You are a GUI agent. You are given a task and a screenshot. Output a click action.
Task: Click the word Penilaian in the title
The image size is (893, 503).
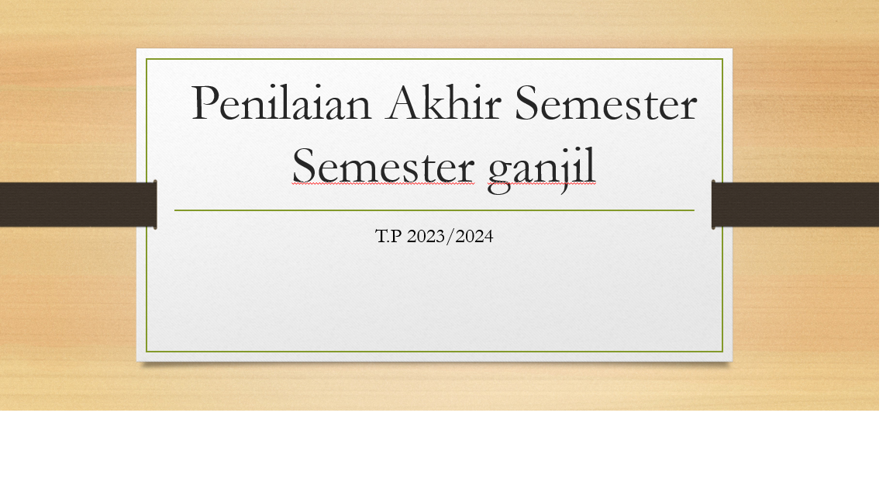tap(281, 102)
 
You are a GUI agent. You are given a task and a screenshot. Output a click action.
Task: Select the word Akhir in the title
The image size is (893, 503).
tap(443, 102)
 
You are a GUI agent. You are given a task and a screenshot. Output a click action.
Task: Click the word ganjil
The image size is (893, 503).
tap(542, 169)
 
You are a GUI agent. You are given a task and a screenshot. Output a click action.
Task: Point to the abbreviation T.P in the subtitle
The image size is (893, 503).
tap(388, 236)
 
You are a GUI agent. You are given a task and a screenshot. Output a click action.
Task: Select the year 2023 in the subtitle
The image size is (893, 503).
tap(426, 236)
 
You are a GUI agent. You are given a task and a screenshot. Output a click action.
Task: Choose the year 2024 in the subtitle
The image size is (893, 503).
tap(474, 236)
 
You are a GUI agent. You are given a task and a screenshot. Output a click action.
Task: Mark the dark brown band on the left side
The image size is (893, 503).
tap(78, 205)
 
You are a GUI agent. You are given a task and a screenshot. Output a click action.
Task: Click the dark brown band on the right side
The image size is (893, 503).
tap(795, 205)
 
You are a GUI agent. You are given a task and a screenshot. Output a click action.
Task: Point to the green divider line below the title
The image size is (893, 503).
tap(434, 210)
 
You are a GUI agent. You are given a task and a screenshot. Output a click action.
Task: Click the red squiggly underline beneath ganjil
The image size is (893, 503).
tap(542, 184)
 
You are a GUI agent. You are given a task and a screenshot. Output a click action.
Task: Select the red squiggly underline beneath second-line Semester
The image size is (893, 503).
tap(383, 184)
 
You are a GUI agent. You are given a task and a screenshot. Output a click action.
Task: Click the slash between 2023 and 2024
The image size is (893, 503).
tap(450, 236)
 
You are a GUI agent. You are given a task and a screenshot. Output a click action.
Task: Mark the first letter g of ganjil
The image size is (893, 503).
tap(499, 174)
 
